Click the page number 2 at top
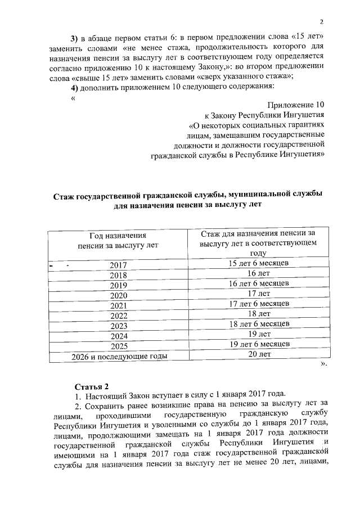click(321, 22)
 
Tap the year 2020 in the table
click(118, 295)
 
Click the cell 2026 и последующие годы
click(118, 356)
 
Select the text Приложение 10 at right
click(296, 105)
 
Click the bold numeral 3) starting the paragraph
click(74, 38)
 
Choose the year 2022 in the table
click(118, 316)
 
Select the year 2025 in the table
click(118, 346)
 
